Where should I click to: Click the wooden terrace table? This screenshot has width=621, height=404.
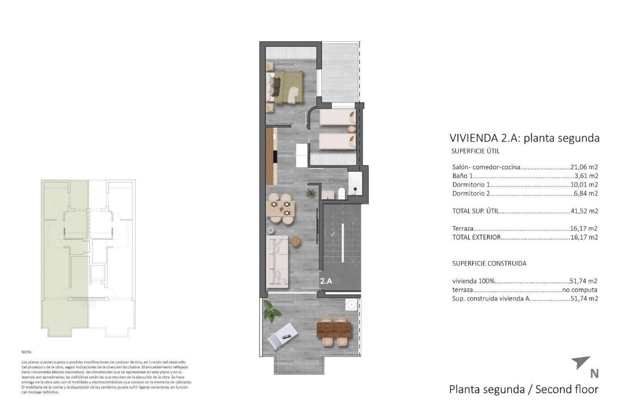tap(334, 330)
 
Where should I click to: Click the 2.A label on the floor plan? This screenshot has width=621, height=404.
tap(326, 281)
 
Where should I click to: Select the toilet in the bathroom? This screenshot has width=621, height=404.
tap(341, 193)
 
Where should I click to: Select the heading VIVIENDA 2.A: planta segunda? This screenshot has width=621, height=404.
tap(524, 139)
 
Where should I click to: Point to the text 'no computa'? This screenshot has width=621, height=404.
tap(580, 290)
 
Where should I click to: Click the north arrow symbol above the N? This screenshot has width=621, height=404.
tap(582, 363)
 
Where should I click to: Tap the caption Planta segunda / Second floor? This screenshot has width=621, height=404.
tap(524, 389)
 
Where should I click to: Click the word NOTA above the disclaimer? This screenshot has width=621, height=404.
tap(27, 352)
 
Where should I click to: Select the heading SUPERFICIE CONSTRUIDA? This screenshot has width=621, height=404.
tap(489, 264)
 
